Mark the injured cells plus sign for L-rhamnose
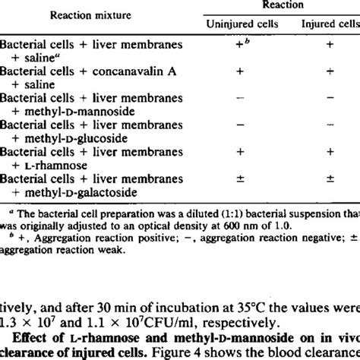(x=330, y=152)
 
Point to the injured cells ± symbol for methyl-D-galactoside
(x=330, y=178)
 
